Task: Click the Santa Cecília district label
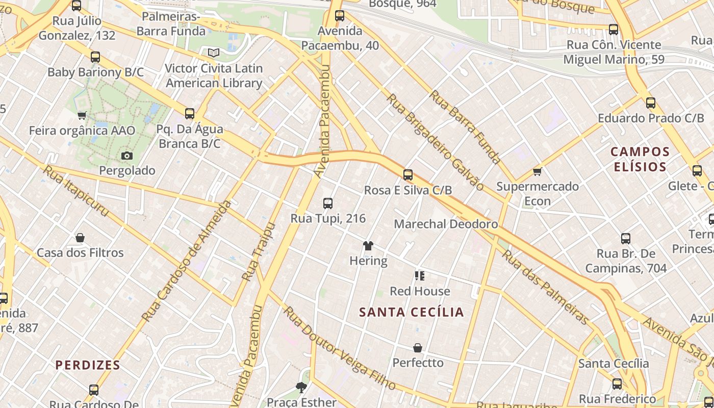click(x=412, y=312)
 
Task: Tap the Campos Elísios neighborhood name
click(x=640, y=159)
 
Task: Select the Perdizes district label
click(x=88, y=365)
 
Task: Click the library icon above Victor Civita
click(x=214, y=53)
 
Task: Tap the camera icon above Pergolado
click(x=127, y=156)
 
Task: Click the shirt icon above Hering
click(x=368, y=246)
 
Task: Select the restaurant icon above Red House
click(x=420, y=276)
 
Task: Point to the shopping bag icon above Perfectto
click(x=418, y=348)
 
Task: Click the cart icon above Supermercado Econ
click(x=537, y=171)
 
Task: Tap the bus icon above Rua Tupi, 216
click(x=328, y=203)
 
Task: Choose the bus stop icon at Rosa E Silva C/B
click(x=408, y=175)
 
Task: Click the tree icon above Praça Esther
click(x=301, y=388)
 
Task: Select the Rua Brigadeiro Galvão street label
click(x=436, y=142)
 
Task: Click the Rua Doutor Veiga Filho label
click(x=340, y=348)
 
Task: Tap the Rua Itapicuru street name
click(x=76, y=191)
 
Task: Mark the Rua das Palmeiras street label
click(x=546, y=287)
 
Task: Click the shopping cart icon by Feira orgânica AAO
click(x=82, y=116)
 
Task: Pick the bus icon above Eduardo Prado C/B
click(x=651, y=103)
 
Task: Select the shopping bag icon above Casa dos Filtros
click(x=80, y=238)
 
